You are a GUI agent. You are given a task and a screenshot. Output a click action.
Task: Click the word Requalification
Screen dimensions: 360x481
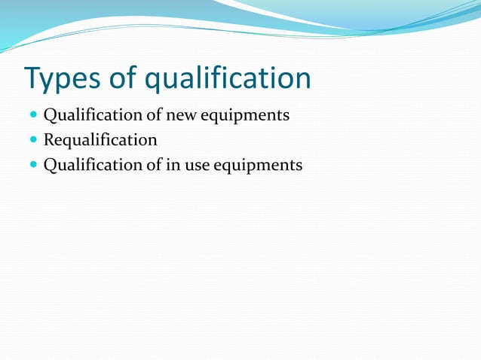pyautogui.click(x=100, y=140)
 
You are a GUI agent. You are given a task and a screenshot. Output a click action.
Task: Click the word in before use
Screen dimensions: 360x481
pyautogui.click(x=172, y=164)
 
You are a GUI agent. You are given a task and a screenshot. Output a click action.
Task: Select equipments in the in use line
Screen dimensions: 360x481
pyautogui.click(x=259, y=165)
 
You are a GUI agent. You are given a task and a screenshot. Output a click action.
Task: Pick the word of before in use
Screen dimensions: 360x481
pyautogui.click(x=154, y=164)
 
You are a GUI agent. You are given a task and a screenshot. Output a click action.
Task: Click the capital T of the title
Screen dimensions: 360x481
pyautogui.click(x=32, y=78)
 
